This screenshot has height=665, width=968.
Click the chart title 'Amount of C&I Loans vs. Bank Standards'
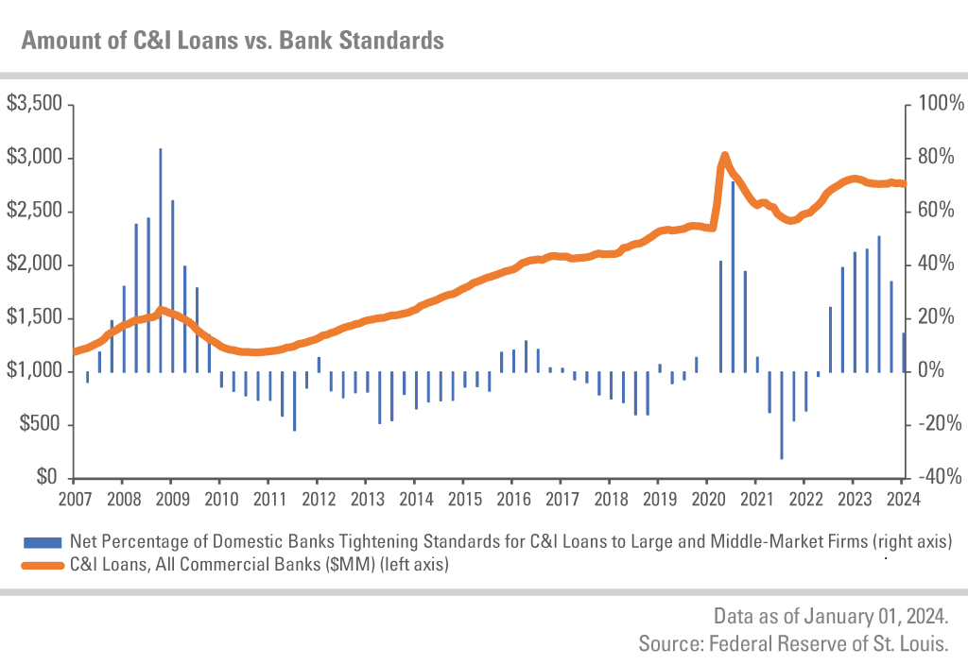pyautogui.click(x=233, y=41)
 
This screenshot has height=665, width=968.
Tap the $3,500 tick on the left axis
pyautogui.click(x=35, y=103)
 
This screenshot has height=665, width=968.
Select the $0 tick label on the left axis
pyautogui.click(x=47, y=478)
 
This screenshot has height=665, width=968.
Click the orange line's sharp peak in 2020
pyautogui.click(x=724, y=155)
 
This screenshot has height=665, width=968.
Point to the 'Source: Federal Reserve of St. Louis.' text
pyautogui.click(x=793, y=644)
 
